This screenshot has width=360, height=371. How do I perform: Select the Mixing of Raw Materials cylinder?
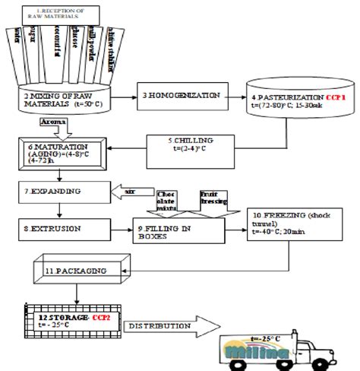tap(62, 97)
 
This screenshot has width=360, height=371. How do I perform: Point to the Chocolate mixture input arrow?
tap(166, 201)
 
